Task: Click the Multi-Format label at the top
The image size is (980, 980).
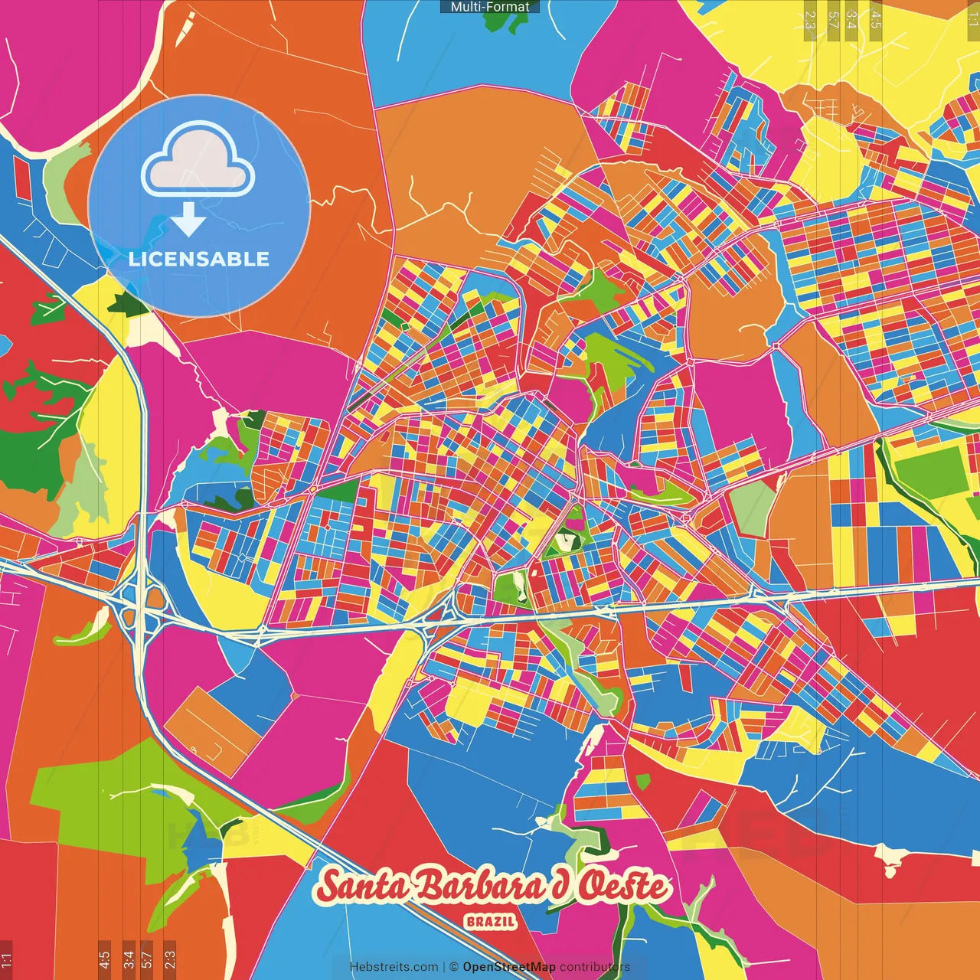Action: (x=490, y=7)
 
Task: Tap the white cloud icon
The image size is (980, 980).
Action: (x=198, y=162)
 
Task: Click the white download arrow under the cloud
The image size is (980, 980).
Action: (x=188, y=220)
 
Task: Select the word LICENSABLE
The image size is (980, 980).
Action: (x=199, y=259)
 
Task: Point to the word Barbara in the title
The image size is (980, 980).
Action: (x=479, y=887)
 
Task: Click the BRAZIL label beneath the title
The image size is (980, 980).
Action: (x=491, y=922)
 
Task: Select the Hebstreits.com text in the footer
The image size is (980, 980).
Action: (x=394, y=967)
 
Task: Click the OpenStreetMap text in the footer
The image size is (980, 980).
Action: (x=509, y=967)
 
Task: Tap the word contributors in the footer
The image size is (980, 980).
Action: (x=595, y=967)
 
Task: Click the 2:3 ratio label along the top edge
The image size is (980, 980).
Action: (x=809, y=20)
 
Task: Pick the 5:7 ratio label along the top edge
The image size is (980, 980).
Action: (x=833, y=20)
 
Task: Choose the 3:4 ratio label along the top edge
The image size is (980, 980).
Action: (x=851, y=20)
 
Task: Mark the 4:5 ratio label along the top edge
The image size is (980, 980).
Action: (x=876, y=20)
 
